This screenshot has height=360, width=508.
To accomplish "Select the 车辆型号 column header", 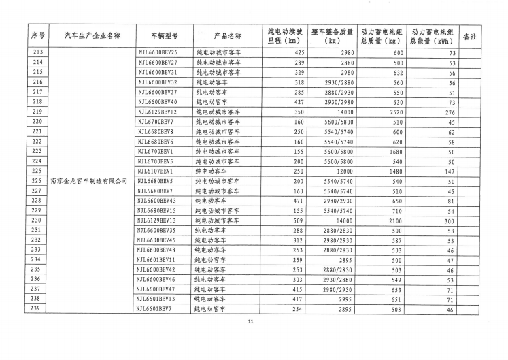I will click(163, 35).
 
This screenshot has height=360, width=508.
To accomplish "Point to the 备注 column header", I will click(469, 35).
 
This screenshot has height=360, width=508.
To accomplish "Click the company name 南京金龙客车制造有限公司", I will click(90, 182).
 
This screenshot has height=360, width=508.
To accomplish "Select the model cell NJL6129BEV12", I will click(157, 112).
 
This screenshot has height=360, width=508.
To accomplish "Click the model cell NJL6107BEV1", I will click(156, 171).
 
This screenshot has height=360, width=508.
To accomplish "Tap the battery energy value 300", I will click(449, 221).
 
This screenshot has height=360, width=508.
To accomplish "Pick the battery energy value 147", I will click(449, 171).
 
